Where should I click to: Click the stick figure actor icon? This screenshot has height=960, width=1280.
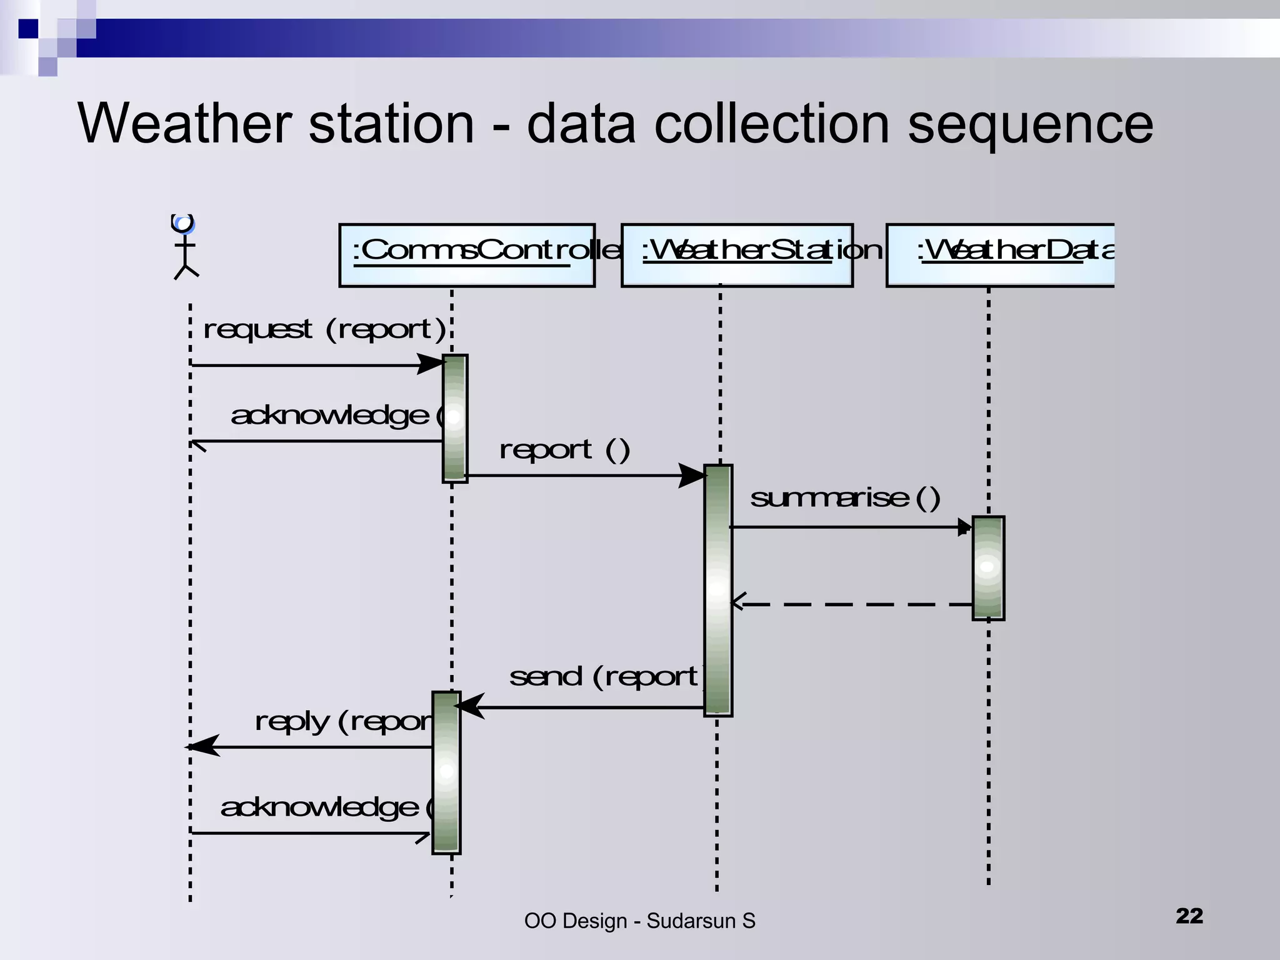tap(184, 247)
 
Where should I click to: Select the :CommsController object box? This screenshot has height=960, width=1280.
tap(467, 256)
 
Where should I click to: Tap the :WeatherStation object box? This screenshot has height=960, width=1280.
tap(737, 256)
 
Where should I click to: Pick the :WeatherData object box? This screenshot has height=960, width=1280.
tap(1000, 256)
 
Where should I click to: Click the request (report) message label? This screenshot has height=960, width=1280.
tap(324, 329)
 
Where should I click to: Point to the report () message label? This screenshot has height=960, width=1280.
tap(564, 449)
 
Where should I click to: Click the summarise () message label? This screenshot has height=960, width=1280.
tap(844, 498)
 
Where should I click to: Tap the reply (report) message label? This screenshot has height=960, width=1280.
tap(344, 722)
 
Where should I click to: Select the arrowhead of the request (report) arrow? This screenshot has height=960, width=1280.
tap(431, 364)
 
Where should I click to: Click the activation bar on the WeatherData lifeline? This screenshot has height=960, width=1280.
tap(988, 567)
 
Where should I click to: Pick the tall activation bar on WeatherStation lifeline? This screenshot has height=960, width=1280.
tap(717, 590)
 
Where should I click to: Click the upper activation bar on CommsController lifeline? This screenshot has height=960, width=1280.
tap(454, 418)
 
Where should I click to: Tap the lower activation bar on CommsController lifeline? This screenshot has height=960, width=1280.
tap(446, 772)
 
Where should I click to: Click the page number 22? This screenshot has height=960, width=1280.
tap(1189, 916)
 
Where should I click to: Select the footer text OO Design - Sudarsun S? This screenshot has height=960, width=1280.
tap(639, 921)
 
